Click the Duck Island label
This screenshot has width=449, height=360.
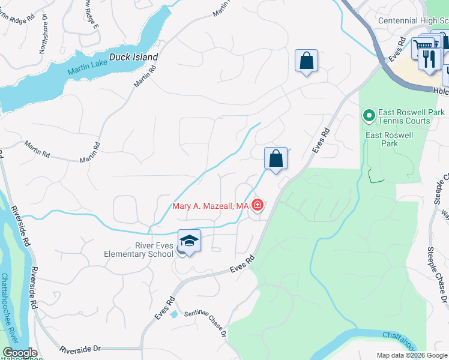[133, 58]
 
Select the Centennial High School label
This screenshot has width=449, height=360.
[413, 20]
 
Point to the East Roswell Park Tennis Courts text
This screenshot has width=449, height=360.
[404, 116]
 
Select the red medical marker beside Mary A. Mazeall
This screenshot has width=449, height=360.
[258, 206]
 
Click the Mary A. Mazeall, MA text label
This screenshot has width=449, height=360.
[210, 206]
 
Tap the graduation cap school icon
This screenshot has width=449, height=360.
[189, 241]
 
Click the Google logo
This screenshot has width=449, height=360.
[19, 353]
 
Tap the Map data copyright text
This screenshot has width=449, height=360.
[412, 355]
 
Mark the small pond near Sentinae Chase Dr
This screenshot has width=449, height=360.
[173, 314]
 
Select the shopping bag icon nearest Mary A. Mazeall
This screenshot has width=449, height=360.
[276, 159]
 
